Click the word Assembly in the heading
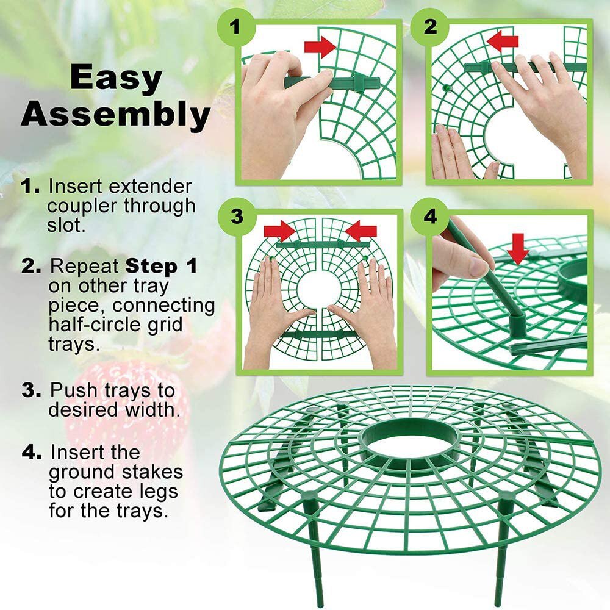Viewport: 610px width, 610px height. pos(117,115)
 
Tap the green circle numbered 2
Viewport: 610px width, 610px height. pos(430,27)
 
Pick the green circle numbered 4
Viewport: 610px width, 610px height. pos(430,217)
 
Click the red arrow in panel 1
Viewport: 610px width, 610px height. pos(321,46)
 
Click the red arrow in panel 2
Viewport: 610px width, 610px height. pos(503,41)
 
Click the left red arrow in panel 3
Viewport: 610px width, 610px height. pos(279,231)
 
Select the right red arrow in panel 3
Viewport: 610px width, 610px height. pos(361,231)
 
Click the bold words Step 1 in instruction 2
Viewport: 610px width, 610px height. pos(161,267)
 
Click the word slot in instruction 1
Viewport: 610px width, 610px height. pos(66,225)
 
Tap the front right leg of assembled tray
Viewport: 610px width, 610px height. pos(502,549)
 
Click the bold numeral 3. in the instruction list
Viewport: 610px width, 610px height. pos(31,390)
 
